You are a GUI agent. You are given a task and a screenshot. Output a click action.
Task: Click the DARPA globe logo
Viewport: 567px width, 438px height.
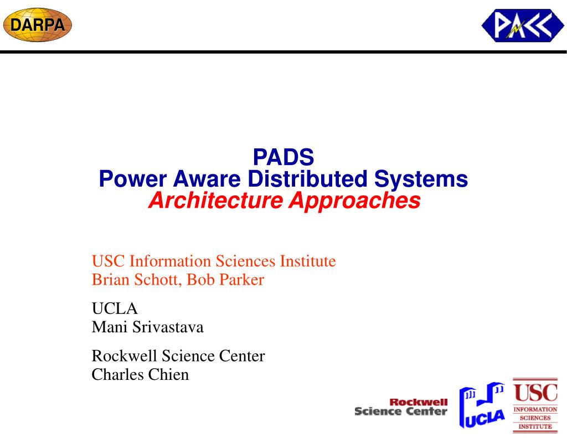coord(37,25)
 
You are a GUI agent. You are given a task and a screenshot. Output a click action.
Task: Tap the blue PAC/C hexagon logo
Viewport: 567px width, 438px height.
coord(523,25)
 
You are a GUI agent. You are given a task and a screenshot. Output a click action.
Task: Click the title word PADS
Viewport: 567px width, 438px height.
coord(283,157)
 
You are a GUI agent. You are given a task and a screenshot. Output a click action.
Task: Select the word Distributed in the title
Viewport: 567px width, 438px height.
coord(307,179)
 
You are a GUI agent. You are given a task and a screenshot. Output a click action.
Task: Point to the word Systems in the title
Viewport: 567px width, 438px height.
coord(421,179)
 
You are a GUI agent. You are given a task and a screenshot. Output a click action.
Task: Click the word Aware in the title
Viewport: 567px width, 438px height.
coord(207,179)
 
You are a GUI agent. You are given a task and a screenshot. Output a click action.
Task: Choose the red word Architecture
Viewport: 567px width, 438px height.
coord(215,200)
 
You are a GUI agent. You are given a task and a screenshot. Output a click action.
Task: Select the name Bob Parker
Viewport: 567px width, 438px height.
coord(225,280)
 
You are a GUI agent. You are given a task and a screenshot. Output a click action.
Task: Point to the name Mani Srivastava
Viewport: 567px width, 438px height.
coord(147,327)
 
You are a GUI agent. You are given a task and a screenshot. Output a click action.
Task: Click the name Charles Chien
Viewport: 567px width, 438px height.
coord(140,374)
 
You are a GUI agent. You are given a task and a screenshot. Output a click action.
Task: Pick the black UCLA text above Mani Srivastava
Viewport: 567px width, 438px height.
coord(115,308)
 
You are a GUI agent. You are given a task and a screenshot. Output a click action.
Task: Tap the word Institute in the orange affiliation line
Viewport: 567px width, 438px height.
coord(308,261)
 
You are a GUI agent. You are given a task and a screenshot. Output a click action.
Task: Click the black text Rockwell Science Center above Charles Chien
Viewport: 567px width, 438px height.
coord(178,356)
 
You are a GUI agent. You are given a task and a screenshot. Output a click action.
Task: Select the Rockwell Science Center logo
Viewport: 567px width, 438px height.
coord(401,407)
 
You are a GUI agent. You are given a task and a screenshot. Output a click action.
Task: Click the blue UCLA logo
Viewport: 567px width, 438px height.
coord(482,405)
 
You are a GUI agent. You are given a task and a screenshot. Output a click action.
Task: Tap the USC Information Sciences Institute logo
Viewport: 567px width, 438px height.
coord(535,405)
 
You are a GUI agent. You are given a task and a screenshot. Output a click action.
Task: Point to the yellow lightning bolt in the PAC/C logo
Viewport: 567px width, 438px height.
coord(515,29)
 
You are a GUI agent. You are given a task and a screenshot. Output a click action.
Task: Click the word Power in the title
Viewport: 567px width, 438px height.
coord(133,179)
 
